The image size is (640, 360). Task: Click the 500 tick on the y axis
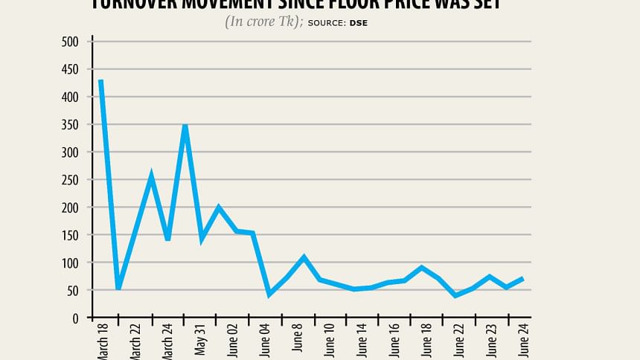click(x=70, y=42)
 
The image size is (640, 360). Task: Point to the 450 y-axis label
click(x=70, y=69)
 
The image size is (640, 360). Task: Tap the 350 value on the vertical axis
click(x=70, y=124)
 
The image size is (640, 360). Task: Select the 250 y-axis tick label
click(x=70, y=180)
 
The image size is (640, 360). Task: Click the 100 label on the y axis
click(x=70, y=263)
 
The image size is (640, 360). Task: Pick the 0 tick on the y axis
click(x=75, y=318)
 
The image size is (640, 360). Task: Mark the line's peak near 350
click(x=185, y=126)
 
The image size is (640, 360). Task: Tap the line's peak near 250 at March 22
click(x=151, y=176)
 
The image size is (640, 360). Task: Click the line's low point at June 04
click(x=269, y=295)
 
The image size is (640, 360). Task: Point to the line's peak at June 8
click(x=304, y=257)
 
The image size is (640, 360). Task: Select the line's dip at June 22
click(x=455, y=295)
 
